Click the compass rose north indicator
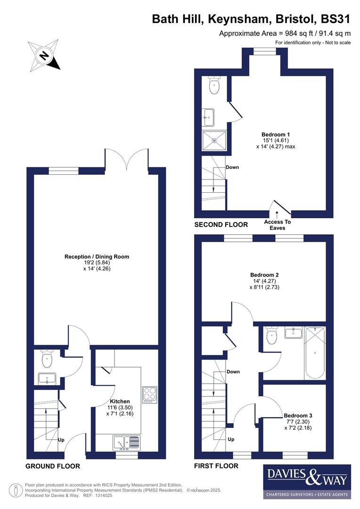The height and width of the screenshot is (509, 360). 44,56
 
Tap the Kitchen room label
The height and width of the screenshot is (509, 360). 120,402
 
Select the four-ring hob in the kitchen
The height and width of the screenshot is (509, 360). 149,394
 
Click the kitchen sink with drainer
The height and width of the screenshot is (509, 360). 126,442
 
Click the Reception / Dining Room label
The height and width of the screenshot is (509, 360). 97,257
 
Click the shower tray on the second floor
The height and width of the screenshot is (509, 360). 214,140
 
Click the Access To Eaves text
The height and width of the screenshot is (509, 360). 277,225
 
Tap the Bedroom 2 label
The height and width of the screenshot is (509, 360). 265,275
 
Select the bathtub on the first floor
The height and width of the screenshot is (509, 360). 315,352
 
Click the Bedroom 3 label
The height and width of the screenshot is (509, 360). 298,416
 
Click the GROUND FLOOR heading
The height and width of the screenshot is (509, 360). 52,466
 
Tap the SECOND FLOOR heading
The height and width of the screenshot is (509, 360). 221,225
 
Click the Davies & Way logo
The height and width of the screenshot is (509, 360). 306,481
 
